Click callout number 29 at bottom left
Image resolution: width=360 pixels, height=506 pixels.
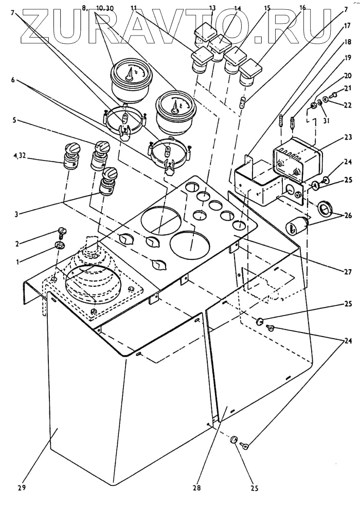click(21, 486)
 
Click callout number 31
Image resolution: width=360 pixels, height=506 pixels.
click(326, 121)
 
